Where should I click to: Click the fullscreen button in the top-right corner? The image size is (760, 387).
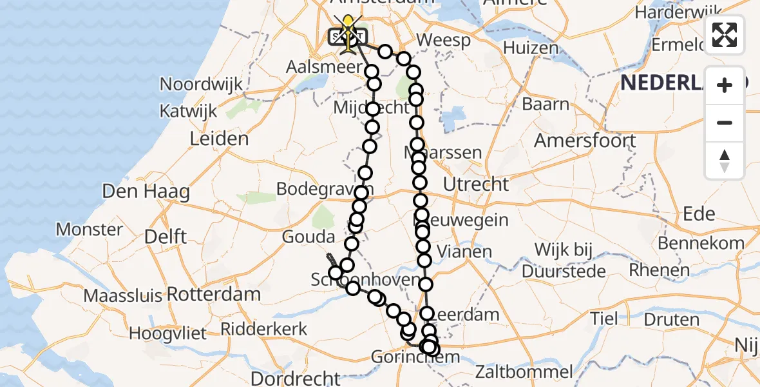(x=725, y=35)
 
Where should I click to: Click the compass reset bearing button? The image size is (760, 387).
(x=725, y=160)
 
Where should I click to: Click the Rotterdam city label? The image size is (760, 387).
(x=214, y=295)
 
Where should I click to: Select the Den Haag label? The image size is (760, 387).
(x=145, y=192)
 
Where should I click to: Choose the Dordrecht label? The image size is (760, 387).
(x=295, y=377)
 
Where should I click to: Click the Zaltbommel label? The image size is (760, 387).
(x=524, y=372)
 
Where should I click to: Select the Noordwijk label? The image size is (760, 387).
(x=202, y=84)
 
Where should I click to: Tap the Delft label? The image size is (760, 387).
(x=166, y=237)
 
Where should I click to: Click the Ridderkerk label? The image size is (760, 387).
(x=264, y=329)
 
